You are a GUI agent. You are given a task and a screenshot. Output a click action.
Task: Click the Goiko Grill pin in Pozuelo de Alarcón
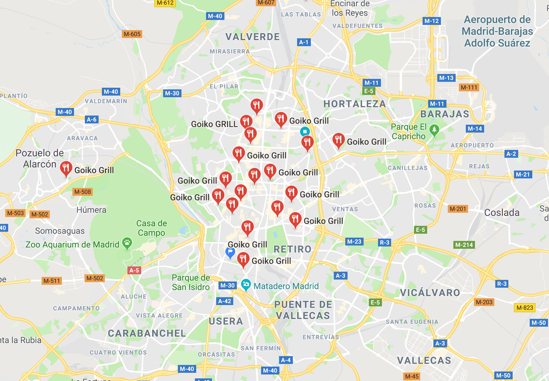point(66,168)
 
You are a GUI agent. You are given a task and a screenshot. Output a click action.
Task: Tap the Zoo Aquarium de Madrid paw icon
point(127,243)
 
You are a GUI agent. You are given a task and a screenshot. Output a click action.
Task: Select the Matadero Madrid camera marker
point(246,284)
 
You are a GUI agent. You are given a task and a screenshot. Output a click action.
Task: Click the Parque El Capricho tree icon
point(434,130)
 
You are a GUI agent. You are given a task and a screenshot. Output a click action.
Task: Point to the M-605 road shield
point(132,34)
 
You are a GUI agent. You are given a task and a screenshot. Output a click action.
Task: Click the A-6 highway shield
point(91,119)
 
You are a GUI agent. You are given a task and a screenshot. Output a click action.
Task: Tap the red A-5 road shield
point(134,270)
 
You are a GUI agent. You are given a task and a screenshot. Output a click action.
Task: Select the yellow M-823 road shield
point(525,308)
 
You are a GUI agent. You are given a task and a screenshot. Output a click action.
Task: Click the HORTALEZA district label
point(354,104)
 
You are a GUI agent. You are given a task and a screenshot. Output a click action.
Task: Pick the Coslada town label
point(502,213)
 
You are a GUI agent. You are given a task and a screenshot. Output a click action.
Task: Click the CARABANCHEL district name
point(147,333)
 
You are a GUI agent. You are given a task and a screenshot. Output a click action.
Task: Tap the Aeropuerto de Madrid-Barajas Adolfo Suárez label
point(497,31)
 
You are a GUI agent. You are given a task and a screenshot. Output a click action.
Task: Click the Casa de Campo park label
point(151,228)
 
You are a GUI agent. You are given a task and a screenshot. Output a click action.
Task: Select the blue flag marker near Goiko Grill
point(230,252)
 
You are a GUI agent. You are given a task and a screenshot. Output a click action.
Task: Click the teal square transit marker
point(305,132)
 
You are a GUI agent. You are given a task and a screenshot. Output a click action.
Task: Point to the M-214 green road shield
point(464,245)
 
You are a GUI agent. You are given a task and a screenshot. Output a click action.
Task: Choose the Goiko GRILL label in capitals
point(214,124)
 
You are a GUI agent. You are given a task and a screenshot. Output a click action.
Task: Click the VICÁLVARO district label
point(430,293)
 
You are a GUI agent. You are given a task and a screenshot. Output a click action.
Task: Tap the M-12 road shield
point(431,21)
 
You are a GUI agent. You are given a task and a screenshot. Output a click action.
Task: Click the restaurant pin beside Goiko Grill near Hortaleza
point(338,140)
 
